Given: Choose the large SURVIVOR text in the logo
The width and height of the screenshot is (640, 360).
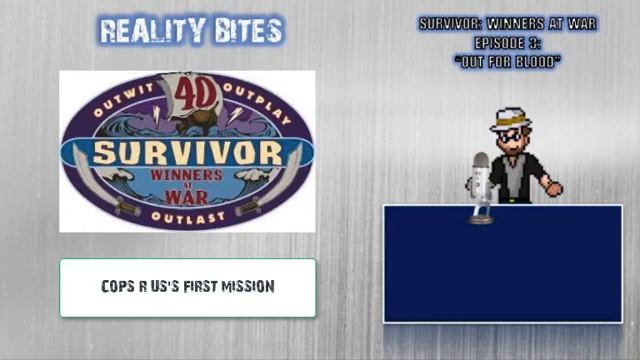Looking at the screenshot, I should (x=187, y=154).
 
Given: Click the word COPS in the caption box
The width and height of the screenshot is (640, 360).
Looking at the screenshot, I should (x=118, y=286).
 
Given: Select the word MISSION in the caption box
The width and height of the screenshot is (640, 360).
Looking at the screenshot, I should (x=247, y=286).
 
